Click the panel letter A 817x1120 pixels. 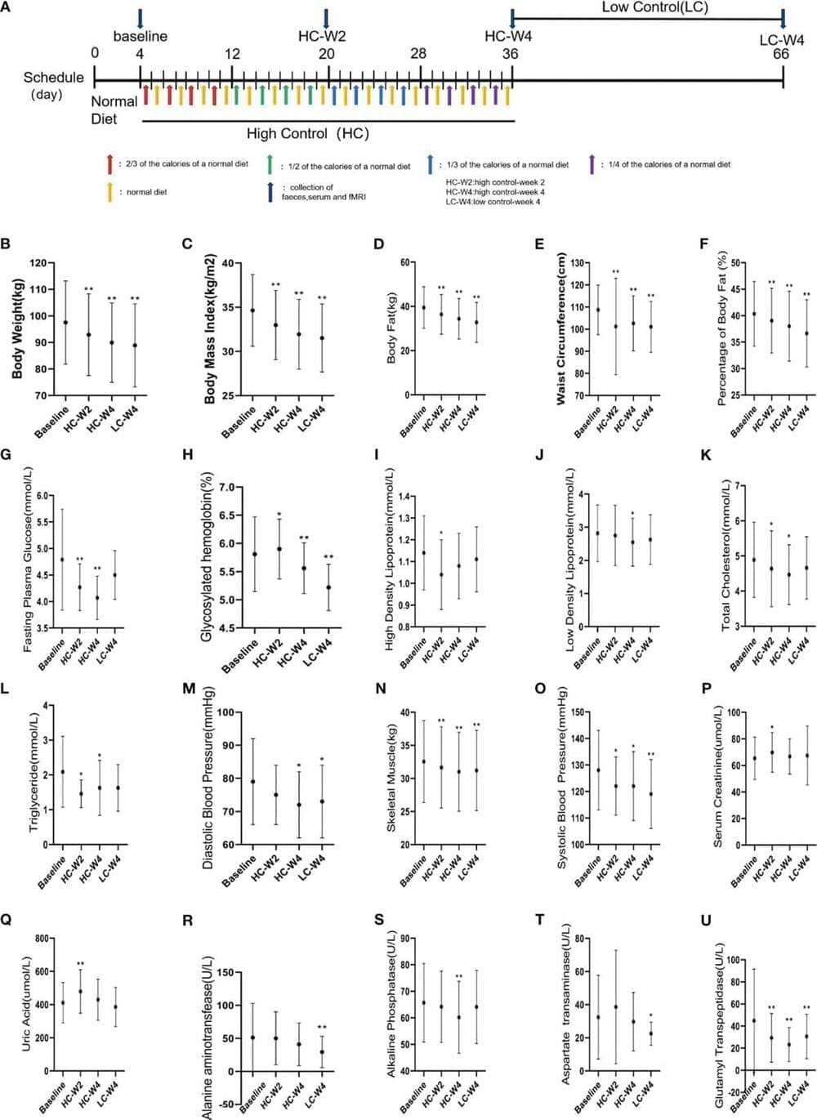point(7,7)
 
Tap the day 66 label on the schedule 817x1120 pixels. point(781,54)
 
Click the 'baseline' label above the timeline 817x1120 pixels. point(141,36)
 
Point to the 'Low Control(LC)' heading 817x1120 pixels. point(654,8)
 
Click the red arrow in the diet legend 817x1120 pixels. point(109,164)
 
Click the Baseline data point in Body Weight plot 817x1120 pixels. point(65,322)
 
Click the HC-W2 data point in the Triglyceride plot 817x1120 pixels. point(81,793)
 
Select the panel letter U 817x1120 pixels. point(706,921)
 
